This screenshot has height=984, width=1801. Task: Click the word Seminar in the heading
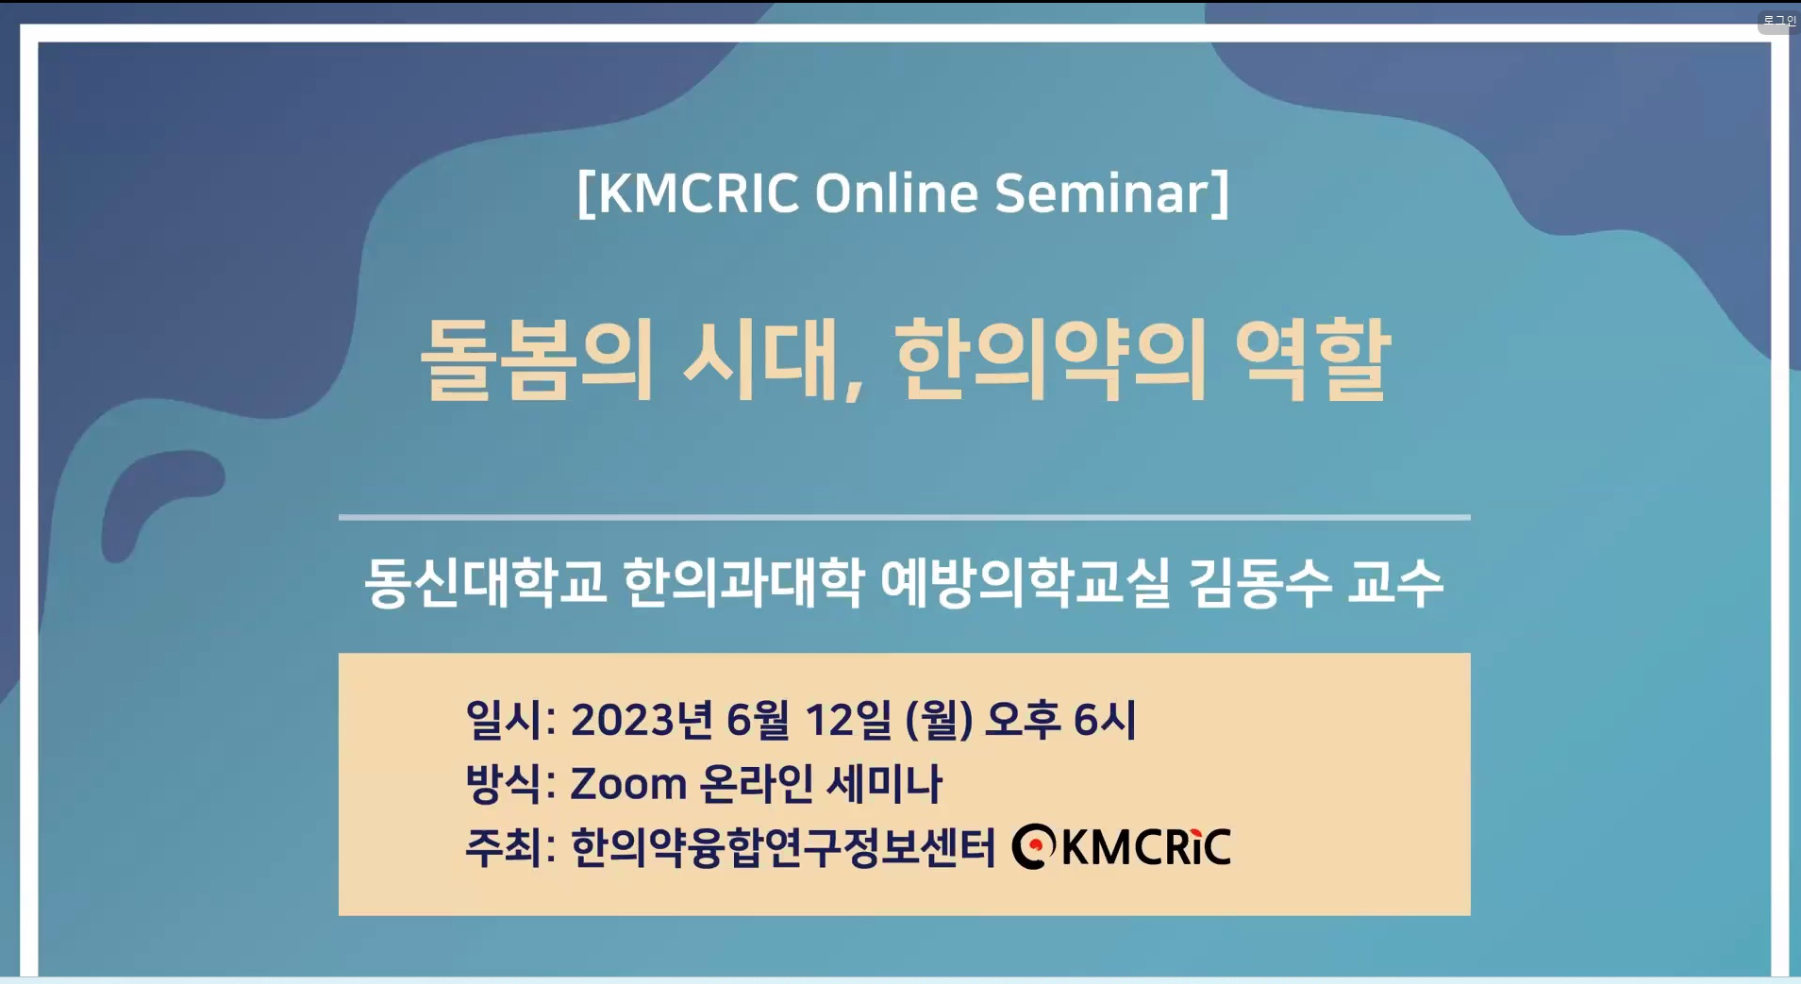click(x=1100, y=193)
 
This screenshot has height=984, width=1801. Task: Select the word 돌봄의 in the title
click(x=536, y=359)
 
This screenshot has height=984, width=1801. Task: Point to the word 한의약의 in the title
click(x=1051, y=359)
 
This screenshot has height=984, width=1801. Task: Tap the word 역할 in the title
click(x=1311, y=359)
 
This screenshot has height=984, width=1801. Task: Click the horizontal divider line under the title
click(x=904, y=517)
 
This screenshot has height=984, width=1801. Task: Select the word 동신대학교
click(x=485, y=581)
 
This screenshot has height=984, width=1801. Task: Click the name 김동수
click(x=1259, y=581)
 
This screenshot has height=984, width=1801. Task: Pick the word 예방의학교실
click(x=1025, y=581)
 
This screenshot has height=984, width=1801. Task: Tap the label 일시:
click(x=510, y=720)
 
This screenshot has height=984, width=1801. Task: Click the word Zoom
click(x=628, y=784)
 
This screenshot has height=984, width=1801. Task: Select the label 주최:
click(x=510, y=847)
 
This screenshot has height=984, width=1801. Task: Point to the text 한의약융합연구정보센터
click(x=783, y=847)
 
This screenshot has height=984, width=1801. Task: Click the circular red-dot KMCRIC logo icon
click(x=1034, y=846)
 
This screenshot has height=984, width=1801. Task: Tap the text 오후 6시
click(x=1060, y=720)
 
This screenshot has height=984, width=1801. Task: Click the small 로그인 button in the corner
click(x=1778, y=20)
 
